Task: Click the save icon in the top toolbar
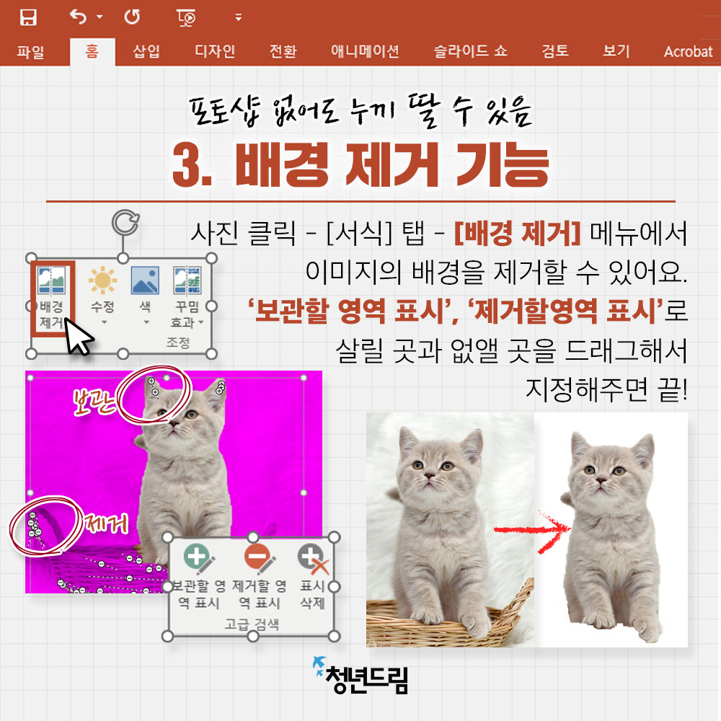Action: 28,17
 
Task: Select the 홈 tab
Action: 92,50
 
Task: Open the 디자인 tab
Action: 215,51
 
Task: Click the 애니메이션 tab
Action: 365,51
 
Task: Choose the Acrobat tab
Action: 688,51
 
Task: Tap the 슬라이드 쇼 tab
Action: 470,51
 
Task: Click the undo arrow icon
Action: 78,17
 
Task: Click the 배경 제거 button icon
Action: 51,280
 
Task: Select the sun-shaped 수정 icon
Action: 102,280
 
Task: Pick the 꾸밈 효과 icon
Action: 187,280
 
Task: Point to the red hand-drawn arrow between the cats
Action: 532,530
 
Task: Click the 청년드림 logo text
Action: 366,679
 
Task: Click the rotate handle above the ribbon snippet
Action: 125,223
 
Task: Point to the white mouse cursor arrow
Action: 77,336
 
